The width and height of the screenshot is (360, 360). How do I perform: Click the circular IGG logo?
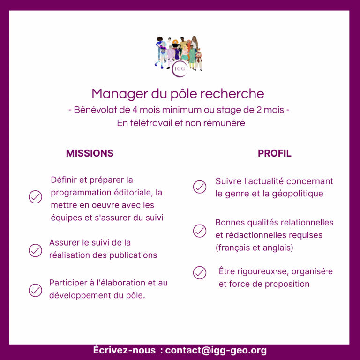click(180, 68)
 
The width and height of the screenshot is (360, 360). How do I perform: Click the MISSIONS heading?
click(90, 153)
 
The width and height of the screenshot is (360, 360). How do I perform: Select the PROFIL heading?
click(275, 153)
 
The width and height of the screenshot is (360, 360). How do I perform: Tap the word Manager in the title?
click(120, 94)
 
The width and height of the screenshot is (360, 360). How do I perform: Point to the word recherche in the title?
click(232, 94)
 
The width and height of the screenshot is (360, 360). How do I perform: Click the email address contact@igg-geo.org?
click(216, 350)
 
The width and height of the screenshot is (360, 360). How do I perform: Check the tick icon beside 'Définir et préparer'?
click(35, 197)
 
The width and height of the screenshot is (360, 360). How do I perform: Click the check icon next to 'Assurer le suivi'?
click(35, 250)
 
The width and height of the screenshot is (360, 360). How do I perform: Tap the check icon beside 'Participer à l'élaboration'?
click(35, 291)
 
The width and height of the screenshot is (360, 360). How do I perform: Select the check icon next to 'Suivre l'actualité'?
click(200, 187)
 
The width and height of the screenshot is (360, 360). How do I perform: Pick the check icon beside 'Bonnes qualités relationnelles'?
click(200, 231)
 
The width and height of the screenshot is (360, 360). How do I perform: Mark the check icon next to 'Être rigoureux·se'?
click(200, 273)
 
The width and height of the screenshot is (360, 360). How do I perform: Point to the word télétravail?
click(151, 123)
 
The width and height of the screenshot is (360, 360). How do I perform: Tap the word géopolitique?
click(298, 194)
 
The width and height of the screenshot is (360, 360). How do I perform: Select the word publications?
click(133, 255)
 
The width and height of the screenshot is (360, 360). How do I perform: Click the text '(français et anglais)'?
click(255, 247)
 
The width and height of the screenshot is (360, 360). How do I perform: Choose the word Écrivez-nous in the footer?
click(124, 350)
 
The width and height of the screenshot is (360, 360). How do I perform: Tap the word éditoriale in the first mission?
click(134, 192)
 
